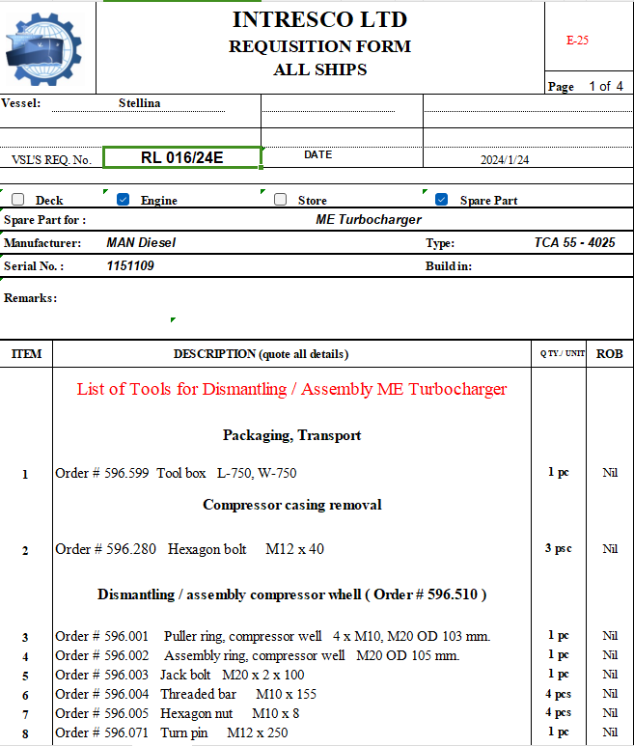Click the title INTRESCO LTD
coord(319,19)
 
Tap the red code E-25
coord(577,41)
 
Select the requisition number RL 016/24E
coord(181,157)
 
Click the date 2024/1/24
coord(505,160)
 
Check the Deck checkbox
coord(18,200)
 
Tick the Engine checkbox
coord(123,200)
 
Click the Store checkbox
coord(281,200)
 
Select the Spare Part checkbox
coord(441,200)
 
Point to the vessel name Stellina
coord(139,103)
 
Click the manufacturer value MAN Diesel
coord(141,242)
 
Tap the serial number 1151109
coord(130,265)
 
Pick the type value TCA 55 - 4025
coord(574,242)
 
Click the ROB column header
coord(609,354)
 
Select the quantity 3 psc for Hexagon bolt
coord(559,548)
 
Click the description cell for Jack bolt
coord(232,675)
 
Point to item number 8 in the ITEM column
coord(26,732)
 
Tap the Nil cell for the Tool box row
coord(609,473)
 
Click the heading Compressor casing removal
coord(291,505)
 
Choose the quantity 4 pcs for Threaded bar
coord(559,693)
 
